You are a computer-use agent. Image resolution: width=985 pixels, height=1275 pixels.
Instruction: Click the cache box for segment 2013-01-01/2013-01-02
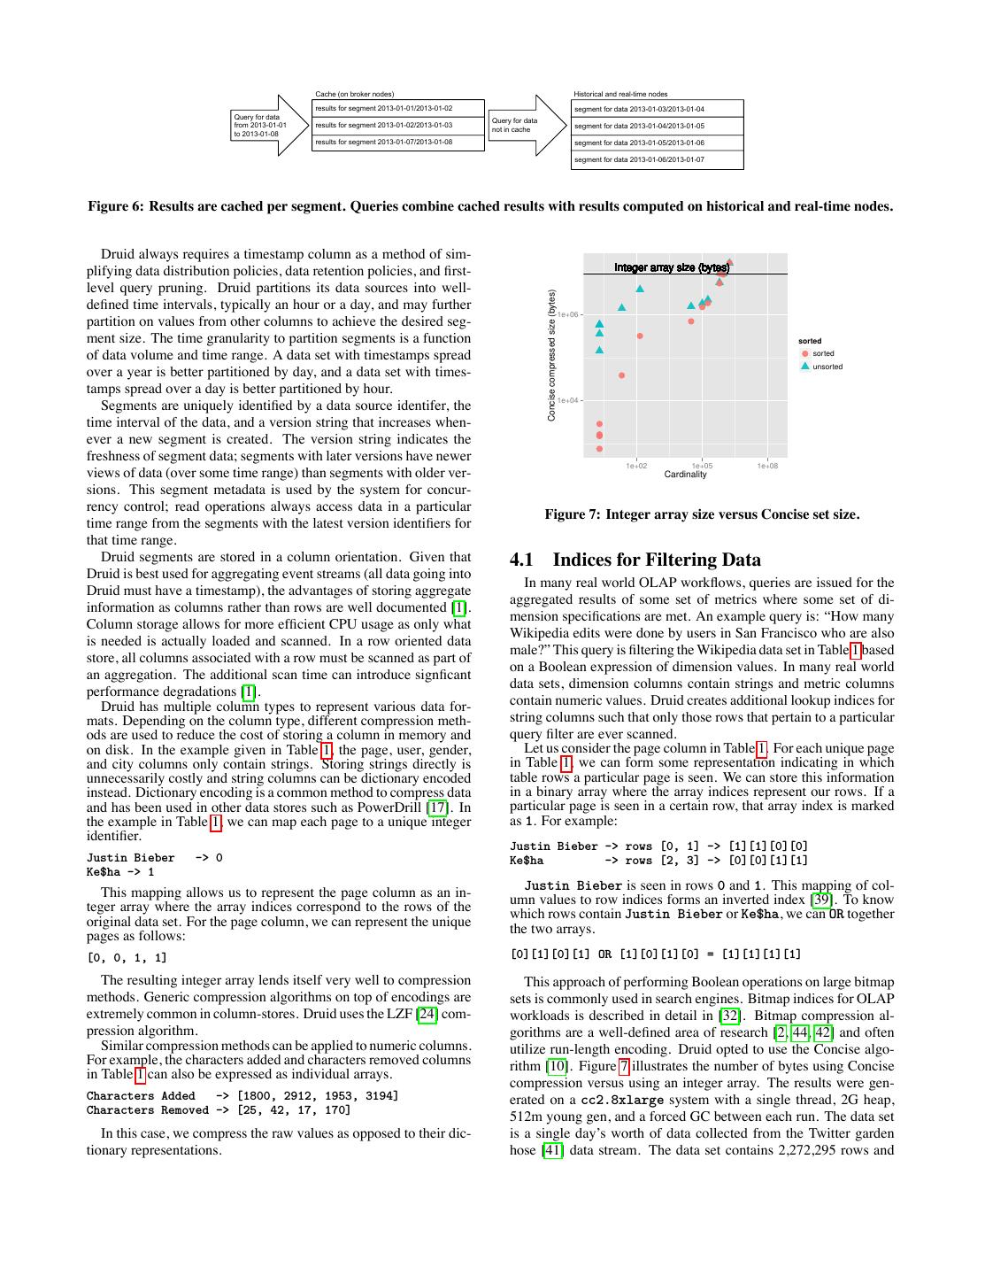tap(397, 108)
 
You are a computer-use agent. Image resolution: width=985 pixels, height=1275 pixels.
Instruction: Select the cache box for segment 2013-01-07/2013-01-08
tap(397, 142)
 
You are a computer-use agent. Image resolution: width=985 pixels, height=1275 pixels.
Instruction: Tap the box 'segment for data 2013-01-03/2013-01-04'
tap(657, 109)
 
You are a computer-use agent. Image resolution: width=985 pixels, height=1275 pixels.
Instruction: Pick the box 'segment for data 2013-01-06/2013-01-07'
tap(657, 159)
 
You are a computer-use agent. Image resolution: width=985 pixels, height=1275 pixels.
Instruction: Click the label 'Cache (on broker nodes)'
tap(354, 94)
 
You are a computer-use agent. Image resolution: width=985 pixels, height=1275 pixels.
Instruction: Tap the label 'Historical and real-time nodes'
tap(620, 94)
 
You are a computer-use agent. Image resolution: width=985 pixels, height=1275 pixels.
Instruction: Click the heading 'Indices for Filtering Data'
tap(657, 560)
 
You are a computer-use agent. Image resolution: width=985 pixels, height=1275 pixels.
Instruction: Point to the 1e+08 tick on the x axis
tap(767, 466)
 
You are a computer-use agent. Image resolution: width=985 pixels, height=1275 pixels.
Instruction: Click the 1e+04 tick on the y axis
tap(568, 400)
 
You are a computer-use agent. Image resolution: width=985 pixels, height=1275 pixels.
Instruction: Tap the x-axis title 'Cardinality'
tap(685, 475)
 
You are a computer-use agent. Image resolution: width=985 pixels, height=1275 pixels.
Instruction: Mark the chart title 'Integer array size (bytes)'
tap(672, 267)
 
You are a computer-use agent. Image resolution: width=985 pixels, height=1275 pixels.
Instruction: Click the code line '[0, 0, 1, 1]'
tap(127, 957)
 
